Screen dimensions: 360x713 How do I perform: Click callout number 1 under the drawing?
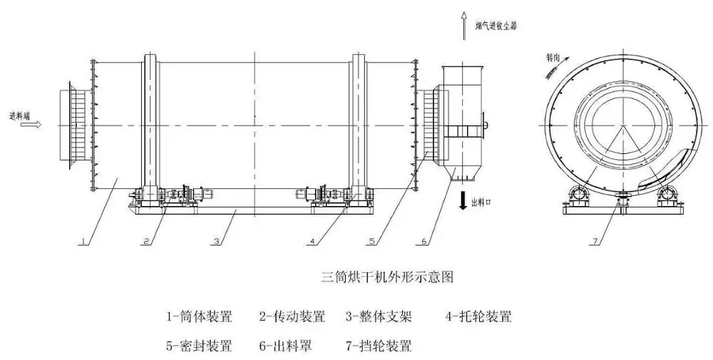(83, 242)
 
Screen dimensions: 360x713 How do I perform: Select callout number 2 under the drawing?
(146, 242)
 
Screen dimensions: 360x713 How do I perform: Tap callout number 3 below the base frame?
(216, 242)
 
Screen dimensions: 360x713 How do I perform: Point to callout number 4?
(312, 242)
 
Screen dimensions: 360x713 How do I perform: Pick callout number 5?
(371, 242)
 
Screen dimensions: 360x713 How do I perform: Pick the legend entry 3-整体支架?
(379, 317)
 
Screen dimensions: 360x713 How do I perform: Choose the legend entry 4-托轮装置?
(478, 317)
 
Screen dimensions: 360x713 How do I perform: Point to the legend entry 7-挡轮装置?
(379, 346)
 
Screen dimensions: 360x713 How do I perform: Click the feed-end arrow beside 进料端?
(31, 124)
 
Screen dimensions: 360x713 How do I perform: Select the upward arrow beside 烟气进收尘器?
(462, 22)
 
